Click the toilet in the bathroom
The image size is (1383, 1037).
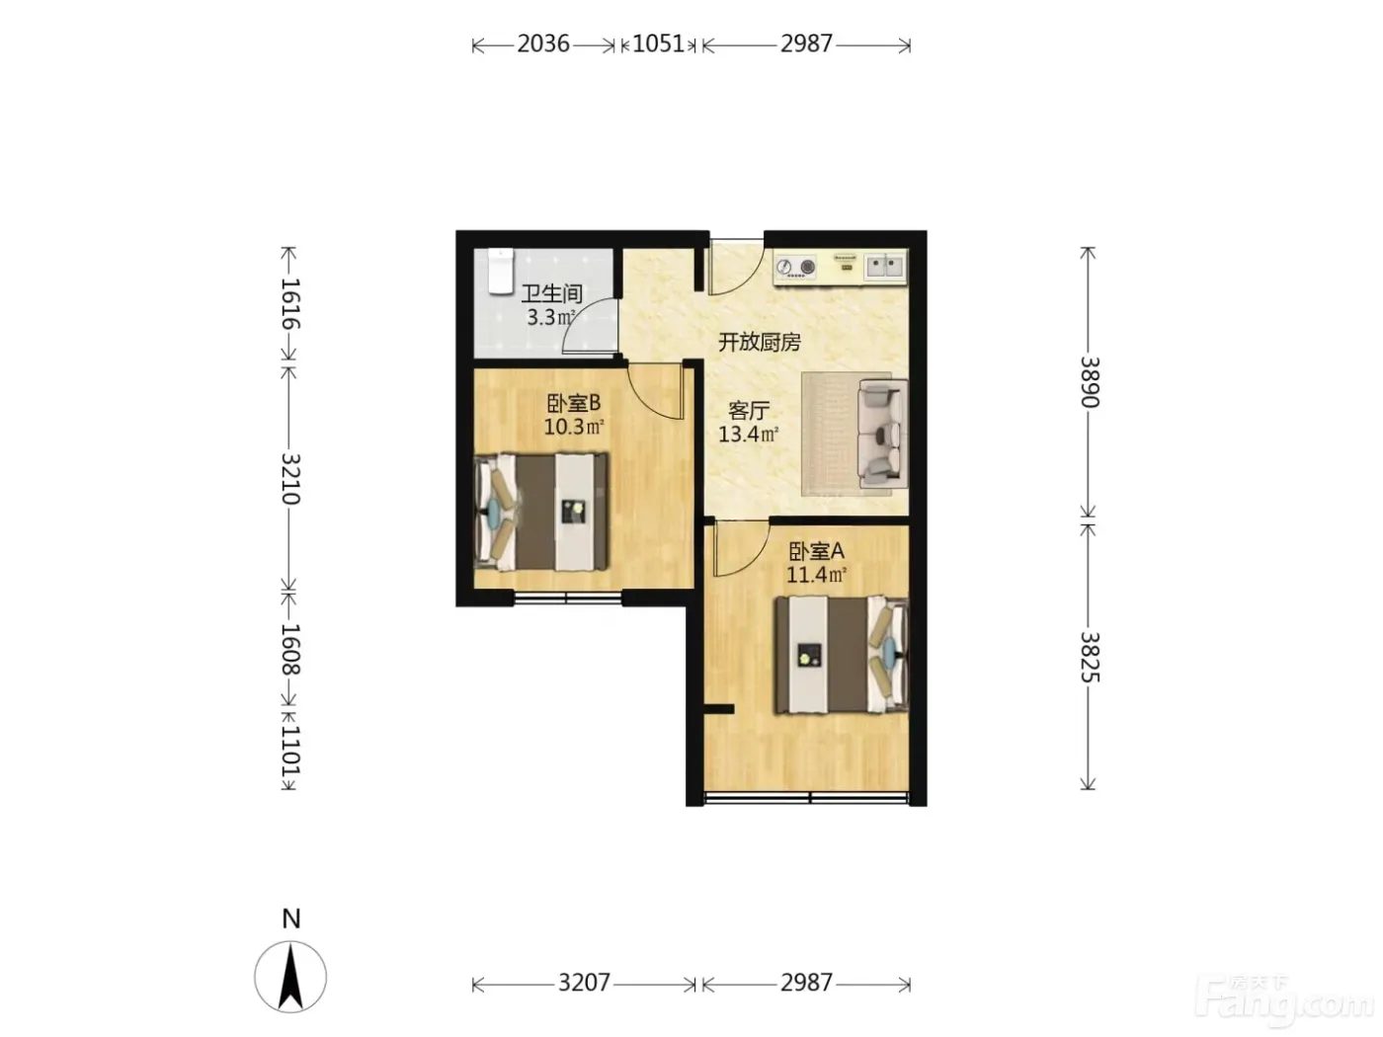point(502,271)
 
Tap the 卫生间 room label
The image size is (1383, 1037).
point(552,293)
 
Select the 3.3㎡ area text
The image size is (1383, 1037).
point(550,317)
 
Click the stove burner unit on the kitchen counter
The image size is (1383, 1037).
point(795,267)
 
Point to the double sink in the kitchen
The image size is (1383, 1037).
point(884,266)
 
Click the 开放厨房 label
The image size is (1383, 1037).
point(760,342)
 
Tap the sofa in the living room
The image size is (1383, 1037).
point(883,433)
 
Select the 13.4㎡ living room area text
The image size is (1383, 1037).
point(749,434)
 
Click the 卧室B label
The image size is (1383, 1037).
point(573,403)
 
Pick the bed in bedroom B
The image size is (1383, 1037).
point(541,512)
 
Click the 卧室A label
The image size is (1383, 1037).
point(816,551)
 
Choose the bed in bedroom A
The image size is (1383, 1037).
point(842,654)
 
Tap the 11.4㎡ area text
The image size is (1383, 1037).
point(816,574)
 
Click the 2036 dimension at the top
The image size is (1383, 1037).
point(543,44)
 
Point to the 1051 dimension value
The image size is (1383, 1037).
point(658,44)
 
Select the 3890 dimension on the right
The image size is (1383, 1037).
point(1090,382)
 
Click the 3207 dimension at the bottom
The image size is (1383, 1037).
point(584,983)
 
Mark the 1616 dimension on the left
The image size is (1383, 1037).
point(290,303)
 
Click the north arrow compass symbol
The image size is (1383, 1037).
point(290,977)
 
